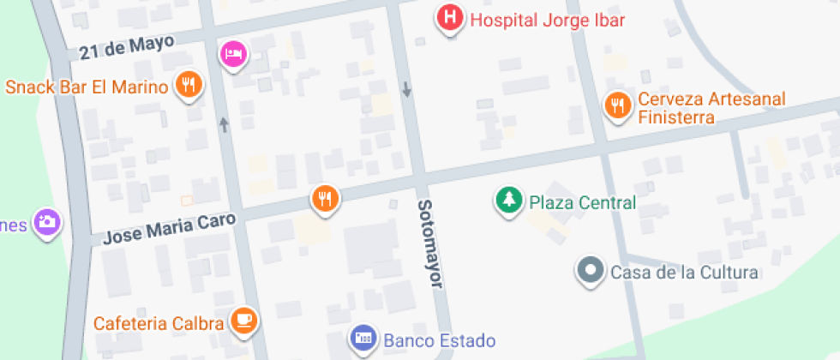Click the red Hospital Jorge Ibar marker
450,18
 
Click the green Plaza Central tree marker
509,201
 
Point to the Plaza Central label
583,203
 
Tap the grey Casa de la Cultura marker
590,271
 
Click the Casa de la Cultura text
684,273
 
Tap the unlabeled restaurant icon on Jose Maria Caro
325,198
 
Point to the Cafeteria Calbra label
159,323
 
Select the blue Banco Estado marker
363,339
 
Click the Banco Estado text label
440,340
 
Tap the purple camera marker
46,222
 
